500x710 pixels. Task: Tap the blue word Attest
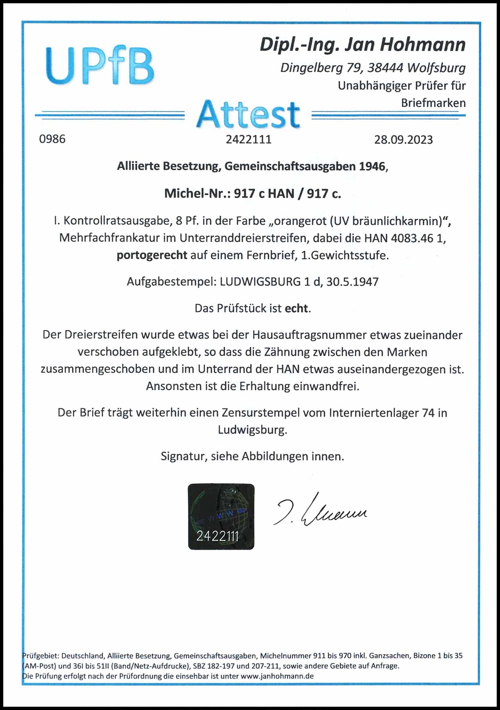tap(248, 114)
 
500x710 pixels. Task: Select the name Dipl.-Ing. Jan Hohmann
tap(362, 45)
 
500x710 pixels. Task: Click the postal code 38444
tap(385, 68)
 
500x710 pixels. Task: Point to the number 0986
tap(52, 139)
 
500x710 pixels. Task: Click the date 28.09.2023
tap(403, 140)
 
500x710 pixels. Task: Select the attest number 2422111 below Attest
tap(248, 139)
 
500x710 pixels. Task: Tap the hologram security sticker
tap(221, 516)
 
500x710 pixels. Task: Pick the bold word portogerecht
tap(152, 256)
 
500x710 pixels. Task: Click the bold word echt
tap(296, 308)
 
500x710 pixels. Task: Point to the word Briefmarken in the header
tap(433, 103)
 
